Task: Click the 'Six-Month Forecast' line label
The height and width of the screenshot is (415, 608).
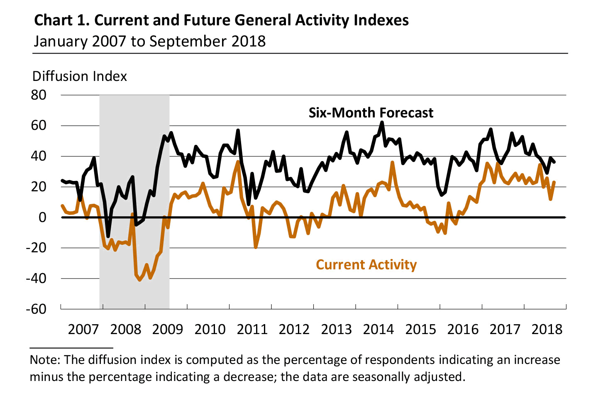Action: [x=371, y=113]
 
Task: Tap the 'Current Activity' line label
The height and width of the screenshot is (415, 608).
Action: [x=366, y=265]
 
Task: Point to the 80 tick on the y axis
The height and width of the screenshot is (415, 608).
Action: [x=39, y=95]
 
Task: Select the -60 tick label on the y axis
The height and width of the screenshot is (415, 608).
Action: [x=36, y=309]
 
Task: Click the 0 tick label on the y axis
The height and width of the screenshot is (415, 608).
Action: [x=42, y=217]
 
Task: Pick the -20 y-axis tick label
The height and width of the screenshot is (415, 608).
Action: [x=36, y=248]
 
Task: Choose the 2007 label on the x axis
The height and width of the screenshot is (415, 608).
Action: [x=83, y=330]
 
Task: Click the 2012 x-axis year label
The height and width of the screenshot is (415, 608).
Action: [x=294, y=330]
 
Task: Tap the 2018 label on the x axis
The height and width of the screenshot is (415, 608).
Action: [x=547, y=330]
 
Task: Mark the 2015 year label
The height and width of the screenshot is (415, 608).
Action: [x=420, y=330]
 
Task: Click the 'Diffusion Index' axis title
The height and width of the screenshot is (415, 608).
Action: [x=80, y=76]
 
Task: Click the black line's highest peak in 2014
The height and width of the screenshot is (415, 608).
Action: [x=382, y=122]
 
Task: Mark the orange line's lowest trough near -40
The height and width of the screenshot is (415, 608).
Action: [x=139, y=280]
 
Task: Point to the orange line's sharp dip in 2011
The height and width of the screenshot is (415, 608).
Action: [x=256, y=247]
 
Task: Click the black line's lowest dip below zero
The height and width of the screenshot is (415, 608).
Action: [x=108, y=236]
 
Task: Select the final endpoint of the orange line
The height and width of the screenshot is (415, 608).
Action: [x=554, y=182]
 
